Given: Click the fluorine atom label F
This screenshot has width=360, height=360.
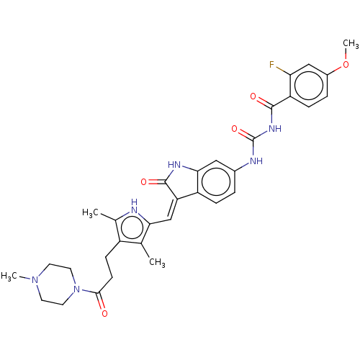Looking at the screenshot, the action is [272, 66].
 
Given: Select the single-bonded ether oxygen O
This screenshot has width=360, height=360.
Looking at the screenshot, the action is [346, 65].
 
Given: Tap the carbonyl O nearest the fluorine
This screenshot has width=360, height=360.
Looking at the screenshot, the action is [253, 96].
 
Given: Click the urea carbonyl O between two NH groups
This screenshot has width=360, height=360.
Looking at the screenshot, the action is [234, 129].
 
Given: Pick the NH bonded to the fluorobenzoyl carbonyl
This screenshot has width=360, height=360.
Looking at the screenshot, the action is [273, 129].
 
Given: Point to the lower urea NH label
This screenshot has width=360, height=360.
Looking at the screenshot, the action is [255, 161].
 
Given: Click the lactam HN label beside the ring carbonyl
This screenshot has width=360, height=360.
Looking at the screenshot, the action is [174, 165].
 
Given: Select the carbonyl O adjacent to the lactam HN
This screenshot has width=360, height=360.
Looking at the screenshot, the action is [143, 182].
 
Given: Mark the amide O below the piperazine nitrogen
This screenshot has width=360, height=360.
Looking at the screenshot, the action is [104, 313].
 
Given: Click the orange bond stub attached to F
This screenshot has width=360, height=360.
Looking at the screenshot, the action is [279, 69].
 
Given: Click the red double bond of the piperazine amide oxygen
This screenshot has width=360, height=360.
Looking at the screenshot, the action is [101, 306].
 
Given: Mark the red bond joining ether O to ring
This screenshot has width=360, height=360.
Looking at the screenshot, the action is [339, 68].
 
